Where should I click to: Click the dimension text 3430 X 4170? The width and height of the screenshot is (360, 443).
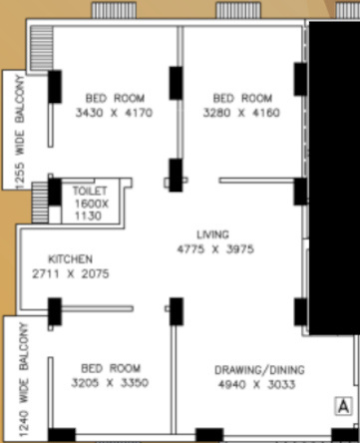point(115,114)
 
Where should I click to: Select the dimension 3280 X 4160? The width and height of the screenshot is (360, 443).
point(242,114)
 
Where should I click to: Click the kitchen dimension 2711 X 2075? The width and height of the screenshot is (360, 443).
point(70,272)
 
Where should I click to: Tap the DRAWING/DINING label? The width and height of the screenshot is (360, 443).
point(259,370)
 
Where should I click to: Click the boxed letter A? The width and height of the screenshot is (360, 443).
point(342,405)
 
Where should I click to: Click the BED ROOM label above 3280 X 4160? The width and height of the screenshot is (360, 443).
point(242,99)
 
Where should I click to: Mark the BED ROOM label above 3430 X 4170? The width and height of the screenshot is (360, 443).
point(115,99)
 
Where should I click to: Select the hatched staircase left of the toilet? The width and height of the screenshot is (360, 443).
point(41,201)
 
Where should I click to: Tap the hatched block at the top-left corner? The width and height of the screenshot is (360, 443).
point(41,45)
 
